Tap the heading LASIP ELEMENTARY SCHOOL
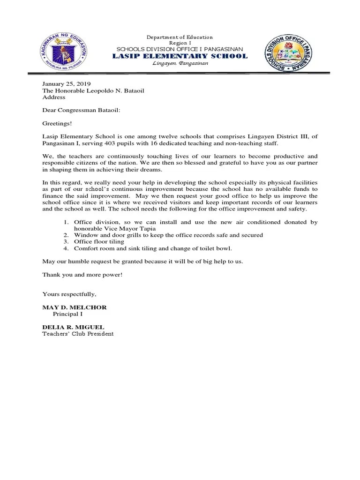pyautogui.click(x=180, y=56)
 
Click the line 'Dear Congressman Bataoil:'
pyautogui.click(x=81, y=110)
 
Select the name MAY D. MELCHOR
pyautogui.click(x=75, y=307)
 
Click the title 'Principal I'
pyautogui.click(x=68, y=314)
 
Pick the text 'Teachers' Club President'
pyautogui.click(x=78, y=334)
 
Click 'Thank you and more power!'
pyautogui.click(x=82, y=274)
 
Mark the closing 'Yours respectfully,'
pyautogui.click(x=69, y=294)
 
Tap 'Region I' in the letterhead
pyautogui.click(x=180, y=43)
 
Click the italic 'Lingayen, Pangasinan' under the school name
pyautogui.click(x=180, y=64)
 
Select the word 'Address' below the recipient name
pyautogui.click(x=54, y=97)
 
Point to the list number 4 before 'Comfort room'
pyautogui.click(x=66, y=248)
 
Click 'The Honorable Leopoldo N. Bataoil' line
pyautogui.click(x=93, y=90)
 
